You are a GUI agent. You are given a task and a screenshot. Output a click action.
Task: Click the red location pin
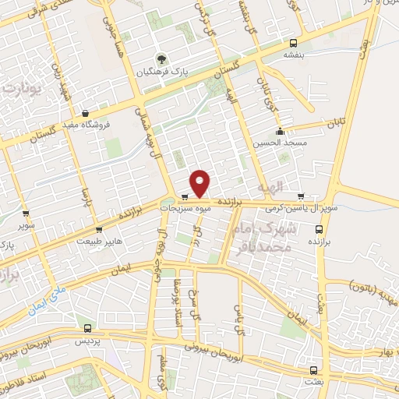[201, 182]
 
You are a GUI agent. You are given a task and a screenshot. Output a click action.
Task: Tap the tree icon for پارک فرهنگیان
[161, 59]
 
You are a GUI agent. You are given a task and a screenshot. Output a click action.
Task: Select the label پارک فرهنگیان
[163, 72]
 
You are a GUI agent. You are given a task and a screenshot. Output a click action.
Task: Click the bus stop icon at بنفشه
[294, 43]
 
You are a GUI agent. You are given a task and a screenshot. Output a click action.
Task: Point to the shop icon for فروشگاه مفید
[85, 113]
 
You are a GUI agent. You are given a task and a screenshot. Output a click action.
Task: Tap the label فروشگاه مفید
[86, 124]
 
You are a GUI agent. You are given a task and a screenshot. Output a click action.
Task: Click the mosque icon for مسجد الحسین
[280, 132]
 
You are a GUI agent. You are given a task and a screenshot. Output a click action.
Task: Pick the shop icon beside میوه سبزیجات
[185, 197]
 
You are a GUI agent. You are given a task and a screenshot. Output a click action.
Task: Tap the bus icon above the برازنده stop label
[319, 230]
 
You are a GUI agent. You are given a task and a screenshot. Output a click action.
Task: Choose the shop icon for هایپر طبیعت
[99, 230]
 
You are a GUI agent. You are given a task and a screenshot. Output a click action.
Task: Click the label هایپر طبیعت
[99, 242]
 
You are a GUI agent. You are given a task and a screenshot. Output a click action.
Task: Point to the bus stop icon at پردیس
[87, 329]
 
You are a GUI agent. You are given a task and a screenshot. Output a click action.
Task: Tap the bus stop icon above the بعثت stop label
[313, 370]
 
